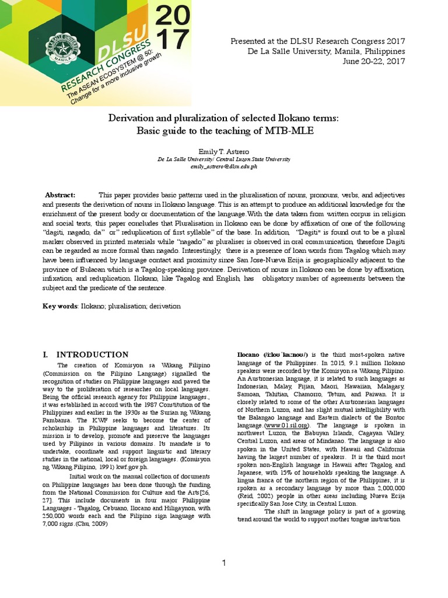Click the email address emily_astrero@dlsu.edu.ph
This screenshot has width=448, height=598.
point(224,166)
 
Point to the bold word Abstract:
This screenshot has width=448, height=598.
point(61,194)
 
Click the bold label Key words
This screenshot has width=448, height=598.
point(60,306)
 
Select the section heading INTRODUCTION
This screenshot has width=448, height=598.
point(92,354)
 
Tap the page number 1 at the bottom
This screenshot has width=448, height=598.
point(223,562)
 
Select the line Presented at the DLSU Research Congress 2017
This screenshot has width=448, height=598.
point(318,41)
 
